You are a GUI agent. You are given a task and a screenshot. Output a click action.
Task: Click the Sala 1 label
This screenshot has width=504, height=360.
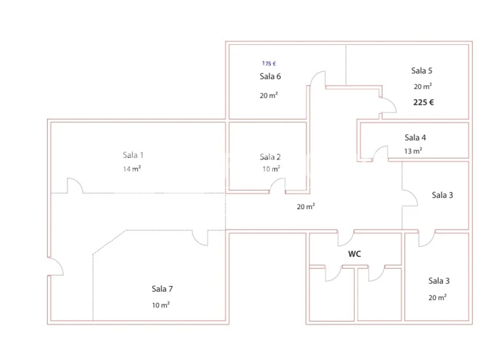coord(134,154)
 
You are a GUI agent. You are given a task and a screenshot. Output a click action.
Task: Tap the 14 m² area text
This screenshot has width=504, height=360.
coord(132,169)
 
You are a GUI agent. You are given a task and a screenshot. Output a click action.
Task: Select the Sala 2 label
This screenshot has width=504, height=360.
coord(270,157)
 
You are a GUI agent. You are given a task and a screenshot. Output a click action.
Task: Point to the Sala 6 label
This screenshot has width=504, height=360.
coord(270,76)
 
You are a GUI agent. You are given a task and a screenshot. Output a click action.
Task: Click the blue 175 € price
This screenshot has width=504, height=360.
coord(269,63)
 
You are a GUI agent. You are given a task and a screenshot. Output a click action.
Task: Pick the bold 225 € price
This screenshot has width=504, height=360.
coord(424,102)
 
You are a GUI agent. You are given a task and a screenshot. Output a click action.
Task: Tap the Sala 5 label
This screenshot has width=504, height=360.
coord(422,70)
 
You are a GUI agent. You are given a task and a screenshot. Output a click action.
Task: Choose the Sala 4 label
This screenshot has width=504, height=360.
coord(415,137)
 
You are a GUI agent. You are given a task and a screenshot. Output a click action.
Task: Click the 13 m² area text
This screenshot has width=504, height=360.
coord(413,151)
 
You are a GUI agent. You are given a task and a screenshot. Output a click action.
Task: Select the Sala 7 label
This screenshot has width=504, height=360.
coord(162,288)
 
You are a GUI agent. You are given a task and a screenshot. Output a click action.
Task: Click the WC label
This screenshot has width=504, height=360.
coord(355,253)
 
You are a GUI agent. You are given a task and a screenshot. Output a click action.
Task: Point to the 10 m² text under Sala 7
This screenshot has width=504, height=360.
coord(160,305)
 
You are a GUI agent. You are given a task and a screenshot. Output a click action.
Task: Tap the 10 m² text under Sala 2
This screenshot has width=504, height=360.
coord(271,169)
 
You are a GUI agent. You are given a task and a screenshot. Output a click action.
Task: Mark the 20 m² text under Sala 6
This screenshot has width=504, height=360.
coord(269,95)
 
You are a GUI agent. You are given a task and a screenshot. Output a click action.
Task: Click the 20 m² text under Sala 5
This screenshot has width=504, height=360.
coord(422,86)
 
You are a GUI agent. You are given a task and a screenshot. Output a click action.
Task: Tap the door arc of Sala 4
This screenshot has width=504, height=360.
coord(380,152)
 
